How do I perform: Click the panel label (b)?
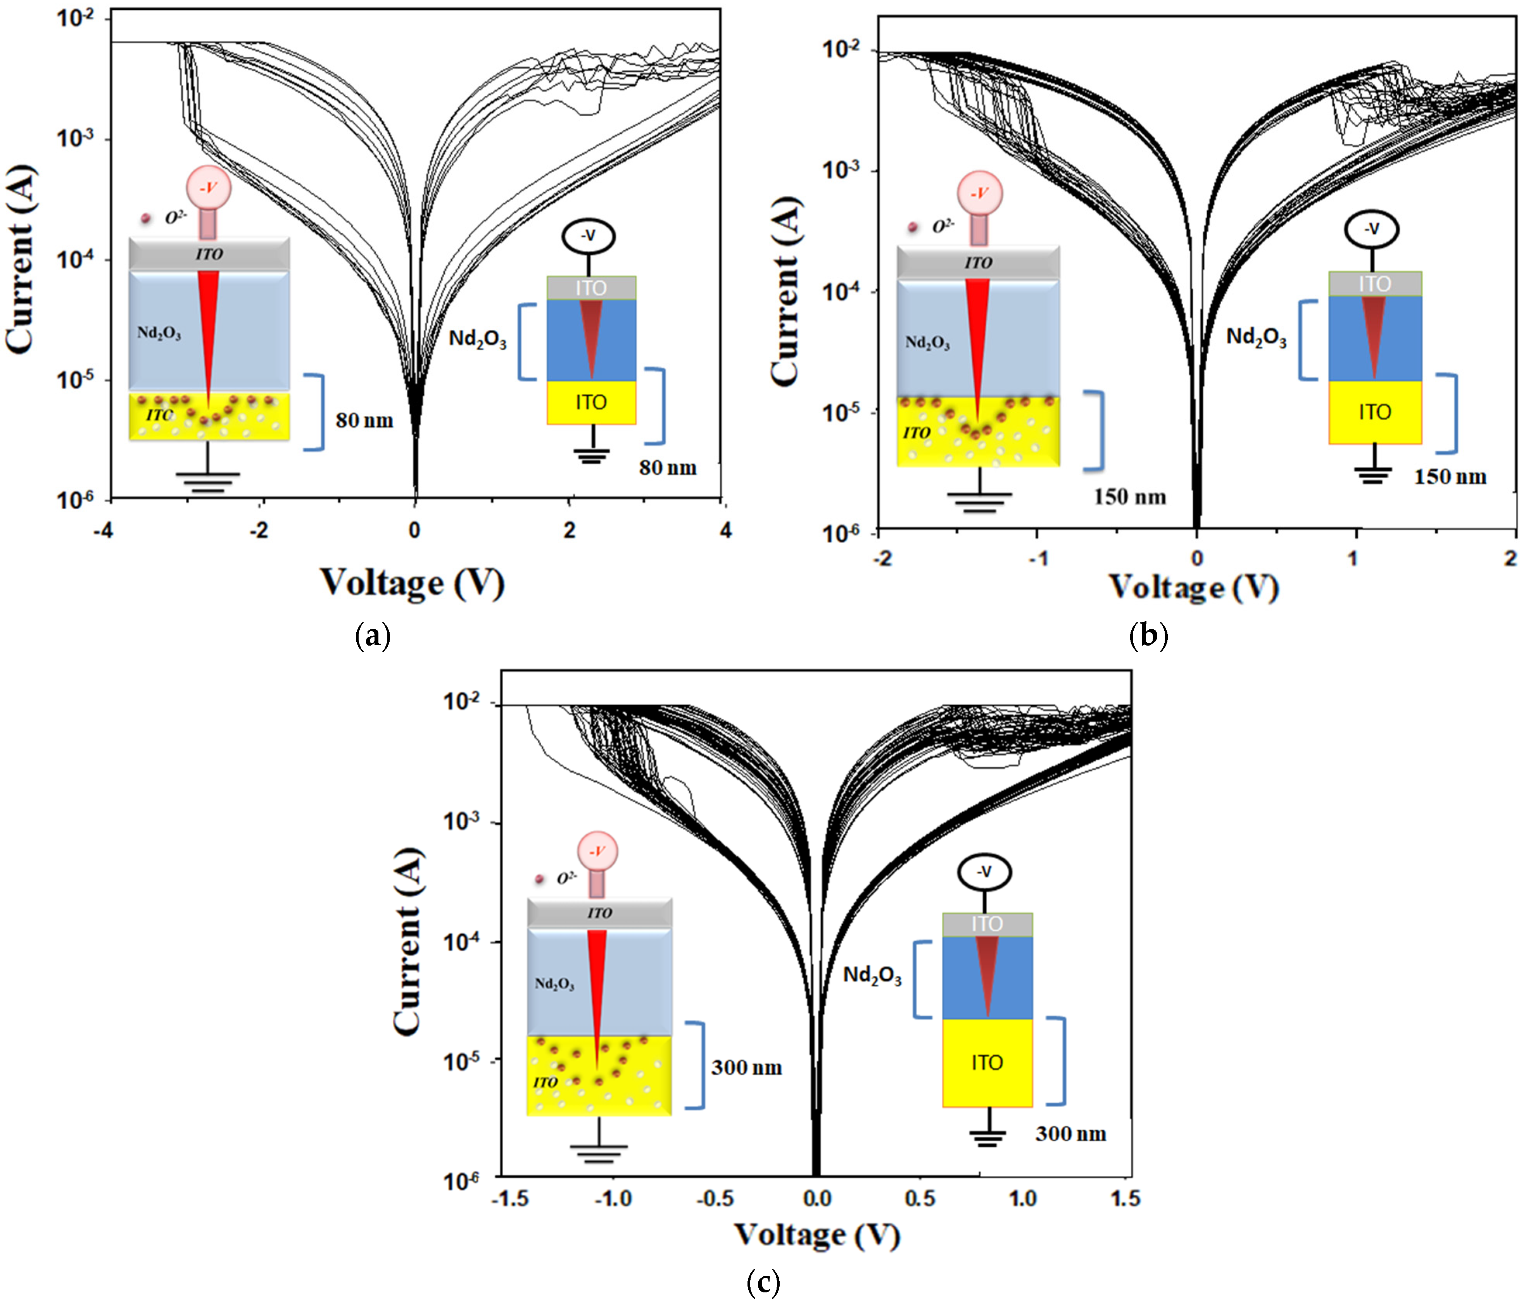[x=1148, y=635]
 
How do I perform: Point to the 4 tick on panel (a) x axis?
[x=725, y=530]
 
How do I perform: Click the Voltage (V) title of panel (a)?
[x=413, y=583]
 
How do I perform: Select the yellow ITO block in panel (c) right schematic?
[x=987, y=1063]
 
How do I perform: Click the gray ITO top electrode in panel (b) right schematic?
[x=1374, y=284]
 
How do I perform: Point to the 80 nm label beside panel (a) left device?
[x=364, y=420]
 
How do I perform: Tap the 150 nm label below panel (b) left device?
[x=1129, y=497]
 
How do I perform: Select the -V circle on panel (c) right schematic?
[x=984, y=873]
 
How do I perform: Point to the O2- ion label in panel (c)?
[x=566, y=878]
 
